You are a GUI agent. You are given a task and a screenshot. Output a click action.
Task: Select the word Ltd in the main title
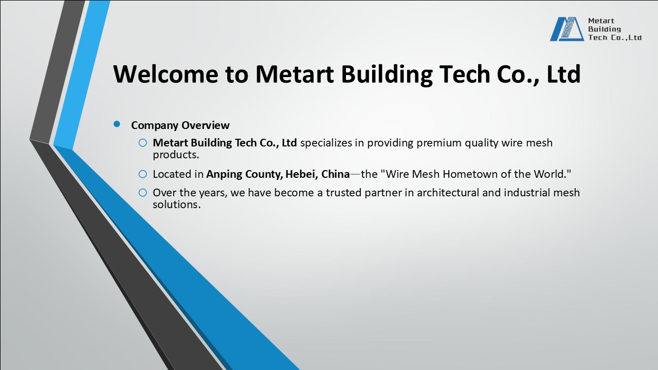[563, 74]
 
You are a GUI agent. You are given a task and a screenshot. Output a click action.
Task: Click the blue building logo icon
[566, 29]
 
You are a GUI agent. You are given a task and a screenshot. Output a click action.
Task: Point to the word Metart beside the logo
[598, 21]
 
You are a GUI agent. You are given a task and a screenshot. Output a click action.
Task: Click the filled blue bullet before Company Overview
[117, 124]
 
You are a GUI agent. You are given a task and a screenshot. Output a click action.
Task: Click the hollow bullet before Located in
[143, 174]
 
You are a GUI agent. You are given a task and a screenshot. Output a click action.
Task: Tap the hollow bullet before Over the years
[143, 193]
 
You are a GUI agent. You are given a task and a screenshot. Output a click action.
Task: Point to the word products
[175, 154]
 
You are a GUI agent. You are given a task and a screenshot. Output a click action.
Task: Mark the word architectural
[448, 193]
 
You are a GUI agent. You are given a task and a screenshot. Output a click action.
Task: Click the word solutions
[176, 204]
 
